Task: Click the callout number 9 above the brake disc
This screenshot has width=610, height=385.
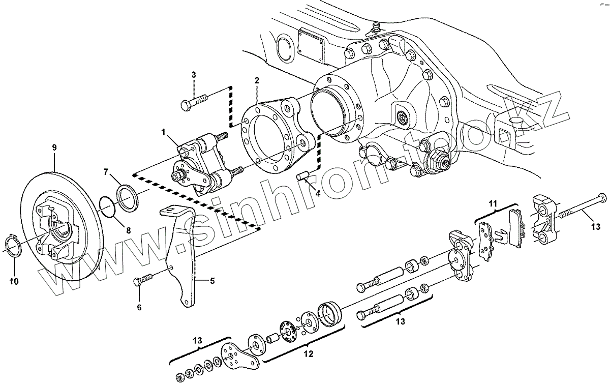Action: pos(54,147)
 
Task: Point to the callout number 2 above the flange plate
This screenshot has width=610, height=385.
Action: pos(257,81)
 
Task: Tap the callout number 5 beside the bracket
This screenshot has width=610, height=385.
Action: pos(212,280)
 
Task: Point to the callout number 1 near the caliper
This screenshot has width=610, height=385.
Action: pos(164,132)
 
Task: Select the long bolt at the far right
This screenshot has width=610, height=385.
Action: pos(579,206)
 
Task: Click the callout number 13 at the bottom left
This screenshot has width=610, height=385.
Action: pos(198,340)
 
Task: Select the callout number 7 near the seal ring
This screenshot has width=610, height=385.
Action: pos(106,172)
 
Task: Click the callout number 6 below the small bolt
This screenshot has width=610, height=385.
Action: pos(139,307)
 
